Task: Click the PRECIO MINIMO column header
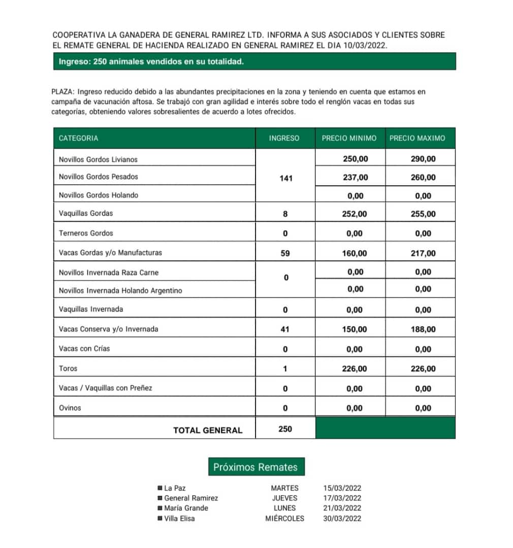(x=349, y=138)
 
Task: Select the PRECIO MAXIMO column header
(x=417, y=138)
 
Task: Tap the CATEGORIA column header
(x=79, y=138)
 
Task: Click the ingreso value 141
(x=285, y=178)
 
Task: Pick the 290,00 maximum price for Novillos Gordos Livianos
(x=423, y=159)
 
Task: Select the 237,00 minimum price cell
(x=355, y=177)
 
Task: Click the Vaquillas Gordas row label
(x=86, y=213)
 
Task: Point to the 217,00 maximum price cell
(x=423, y=253)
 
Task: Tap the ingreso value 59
(x=285, y=253)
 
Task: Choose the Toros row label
(x=68, y=368)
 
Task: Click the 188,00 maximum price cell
(x=423, y=329)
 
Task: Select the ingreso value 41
(x=285, y=329)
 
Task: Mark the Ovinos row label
(x=70, y=407)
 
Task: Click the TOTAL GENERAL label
(x=208, y=430)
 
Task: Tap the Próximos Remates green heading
(x=255, y=467)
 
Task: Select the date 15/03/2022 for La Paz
(x=342, y=488)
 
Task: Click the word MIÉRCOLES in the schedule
(x=284, y=519)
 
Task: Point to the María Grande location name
(x=186, y=508)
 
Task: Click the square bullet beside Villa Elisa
(x=160, y=519)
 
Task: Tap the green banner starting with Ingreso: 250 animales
(x=254, y=61)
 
